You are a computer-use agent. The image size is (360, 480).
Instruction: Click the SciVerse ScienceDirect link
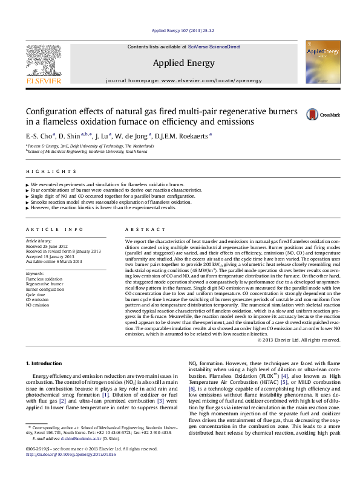point(214,47)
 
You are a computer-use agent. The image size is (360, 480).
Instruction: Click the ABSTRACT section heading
point(142,230)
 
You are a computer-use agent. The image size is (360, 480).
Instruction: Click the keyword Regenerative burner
point(45,284)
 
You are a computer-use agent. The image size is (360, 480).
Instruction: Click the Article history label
point(39,241)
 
